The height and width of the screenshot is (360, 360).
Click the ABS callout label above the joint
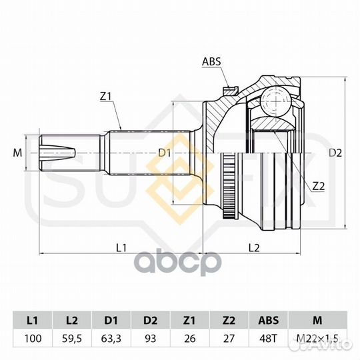[211, 61]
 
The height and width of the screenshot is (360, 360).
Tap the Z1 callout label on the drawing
[105, 97]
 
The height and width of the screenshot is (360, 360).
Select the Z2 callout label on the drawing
[319, 187]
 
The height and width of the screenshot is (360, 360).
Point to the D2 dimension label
[335, 153]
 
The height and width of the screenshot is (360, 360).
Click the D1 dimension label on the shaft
[165, 153]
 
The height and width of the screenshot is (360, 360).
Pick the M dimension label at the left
[17, 153]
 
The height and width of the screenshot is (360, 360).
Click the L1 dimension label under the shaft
[121, 248]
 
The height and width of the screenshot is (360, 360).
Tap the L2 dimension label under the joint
[254, 248]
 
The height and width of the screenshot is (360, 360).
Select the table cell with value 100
[33, 339]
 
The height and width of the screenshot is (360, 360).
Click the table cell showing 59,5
[72, 339]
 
